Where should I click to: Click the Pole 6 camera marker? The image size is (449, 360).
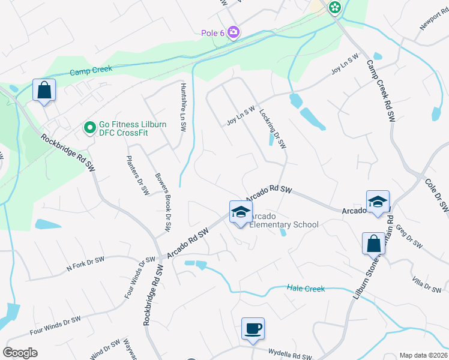tap(234, 32)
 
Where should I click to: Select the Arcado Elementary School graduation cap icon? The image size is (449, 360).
tap(240, 212)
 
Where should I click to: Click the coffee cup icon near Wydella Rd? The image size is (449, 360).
tap(253, 329)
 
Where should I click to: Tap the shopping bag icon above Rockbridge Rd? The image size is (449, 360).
tap(44, 91)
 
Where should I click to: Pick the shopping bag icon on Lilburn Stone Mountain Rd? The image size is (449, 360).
tap(373, 244)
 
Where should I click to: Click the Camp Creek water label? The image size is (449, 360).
tap(91, 71)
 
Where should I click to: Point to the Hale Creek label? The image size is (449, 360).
tap(306, 289)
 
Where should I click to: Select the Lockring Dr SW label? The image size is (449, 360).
tap(273, 128)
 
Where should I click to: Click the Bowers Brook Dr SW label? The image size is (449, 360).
tap(164, 203)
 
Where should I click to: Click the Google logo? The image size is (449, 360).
tap(20, 353)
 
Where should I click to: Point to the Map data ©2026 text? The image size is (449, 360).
tap(423, 355)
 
